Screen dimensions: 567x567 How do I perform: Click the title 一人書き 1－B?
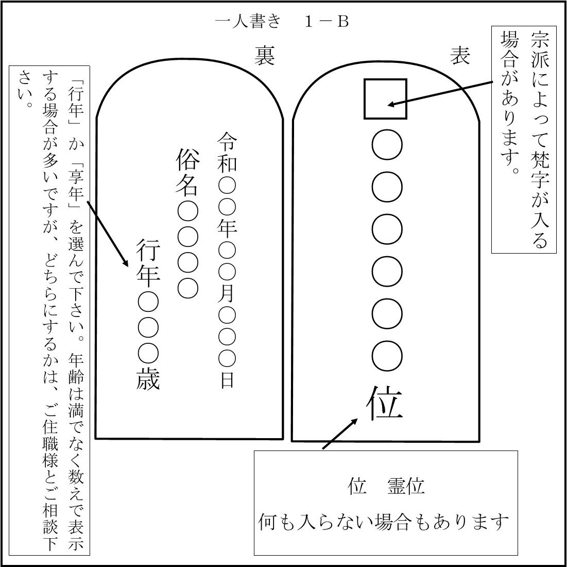(282, 22)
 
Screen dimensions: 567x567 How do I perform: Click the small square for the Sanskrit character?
(385, 99)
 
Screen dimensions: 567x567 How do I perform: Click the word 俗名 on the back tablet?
(187, 173)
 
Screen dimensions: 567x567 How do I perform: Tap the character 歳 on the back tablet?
(148, 379)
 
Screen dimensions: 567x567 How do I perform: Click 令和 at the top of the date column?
(227, 153)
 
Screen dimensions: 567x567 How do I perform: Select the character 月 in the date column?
(227, 293)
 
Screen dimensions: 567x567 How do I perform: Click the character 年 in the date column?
(227, 227)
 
